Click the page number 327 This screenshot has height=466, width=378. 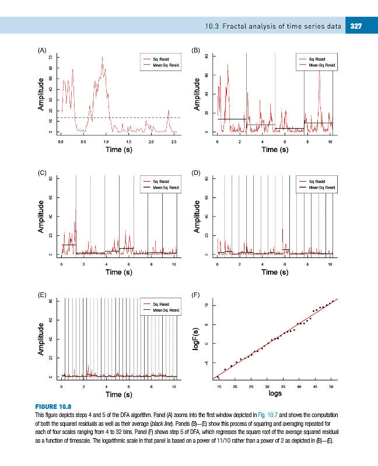[x=357, y=25]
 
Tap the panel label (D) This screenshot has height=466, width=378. [x=196, y=173]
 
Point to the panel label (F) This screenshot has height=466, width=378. [x=196, y=295]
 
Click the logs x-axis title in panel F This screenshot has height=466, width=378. [x=275, y=393]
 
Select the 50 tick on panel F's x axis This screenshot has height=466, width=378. [x=331, y=386]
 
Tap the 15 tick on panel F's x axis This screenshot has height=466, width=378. [x=219, y=386]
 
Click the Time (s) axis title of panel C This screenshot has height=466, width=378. [x=119, y=272]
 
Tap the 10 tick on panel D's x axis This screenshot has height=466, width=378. [x=330, y=264]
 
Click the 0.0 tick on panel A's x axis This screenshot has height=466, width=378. [x=61, y=142]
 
